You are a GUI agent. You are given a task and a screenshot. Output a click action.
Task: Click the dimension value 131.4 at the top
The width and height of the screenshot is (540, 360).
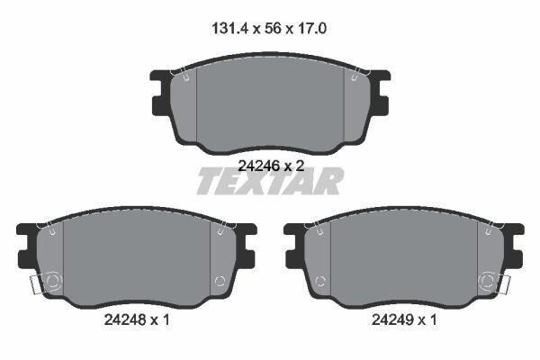[x=229, y=29]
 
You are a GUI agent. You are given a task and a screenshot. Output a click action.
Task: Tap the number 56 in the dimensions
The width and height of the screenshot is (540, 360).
[x=273, y=29]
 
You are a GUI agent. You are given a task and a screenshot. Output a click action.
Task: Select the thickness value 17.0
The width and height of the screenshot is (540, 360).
[x=311, y=29]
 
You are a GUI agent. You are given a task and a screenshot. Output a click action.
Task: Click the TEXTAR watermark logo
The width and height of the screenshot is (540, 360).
[x=270, y=182]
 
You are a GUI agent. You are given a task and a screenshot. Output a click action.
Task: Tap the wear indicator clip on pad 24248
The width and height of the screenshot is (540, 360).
[x=36, y=285]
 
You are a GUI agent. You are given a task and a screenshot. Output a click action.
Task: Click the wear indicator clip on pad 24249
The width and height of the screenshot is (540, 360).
[x=505, y=285]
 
